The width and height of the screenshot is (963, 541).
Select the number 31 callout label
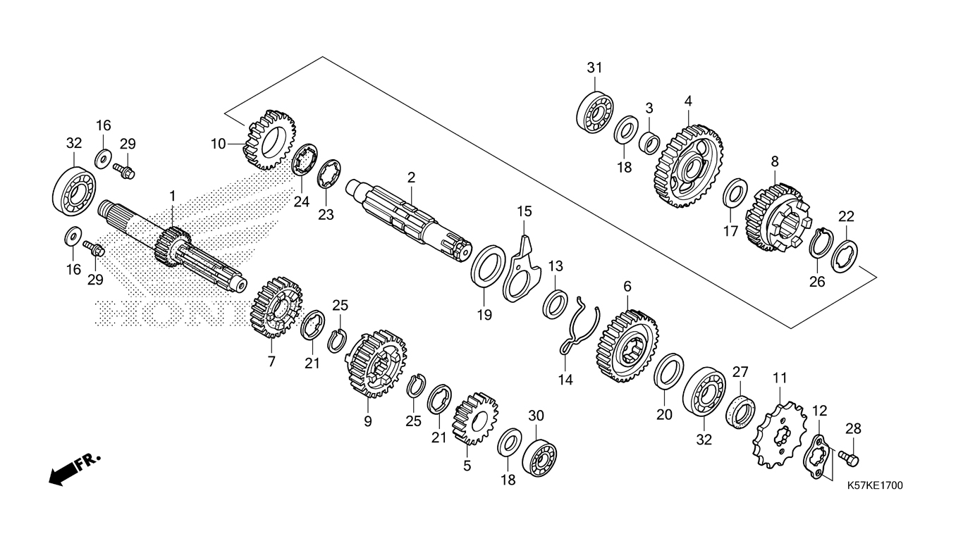coord(595,68)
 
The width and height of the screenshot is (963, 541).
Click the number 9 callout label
coord(367,421)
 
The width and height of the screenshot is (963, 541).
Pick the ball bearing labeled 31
coord(596,111)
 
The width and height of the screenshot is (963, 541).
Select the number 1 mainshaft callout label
coord(171,194)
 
